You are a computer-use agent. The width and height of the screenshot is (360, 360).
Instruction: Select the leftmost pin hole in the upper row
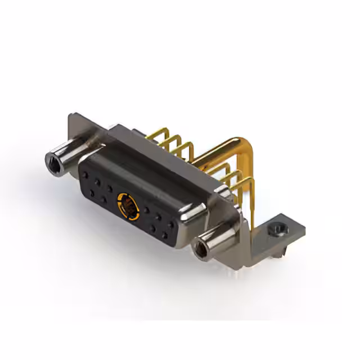(86, 176)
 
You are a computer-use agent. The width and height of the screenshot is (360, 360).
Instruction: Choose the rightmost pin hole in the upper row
(171, 224)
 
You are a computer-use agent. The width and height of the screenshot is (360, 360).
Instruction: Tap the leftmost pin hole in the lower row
(91, 192)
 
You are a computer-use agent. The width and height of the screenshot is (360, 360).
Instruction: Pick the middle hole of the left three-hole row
(98, 182)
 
